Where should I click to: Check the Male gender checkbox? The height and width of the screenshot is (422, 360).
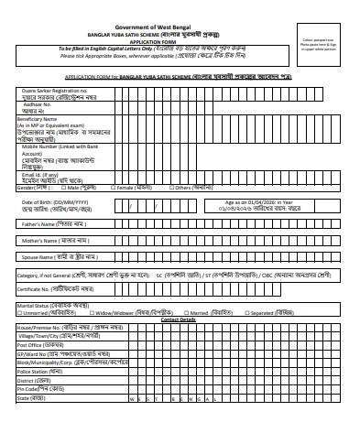click(x=63, y=188)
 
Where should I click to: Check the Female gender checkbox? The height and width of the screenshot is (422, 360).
click(x=113, y=188)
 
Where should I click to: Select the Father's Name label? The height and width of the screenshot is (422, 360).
click(x=42, y=223)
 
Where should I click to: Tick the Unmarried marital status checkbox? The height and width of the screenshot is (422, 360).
click(x=20, y=312)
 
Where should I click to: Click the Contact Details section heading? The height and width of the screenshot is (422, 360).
click(x=179, y=319)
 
